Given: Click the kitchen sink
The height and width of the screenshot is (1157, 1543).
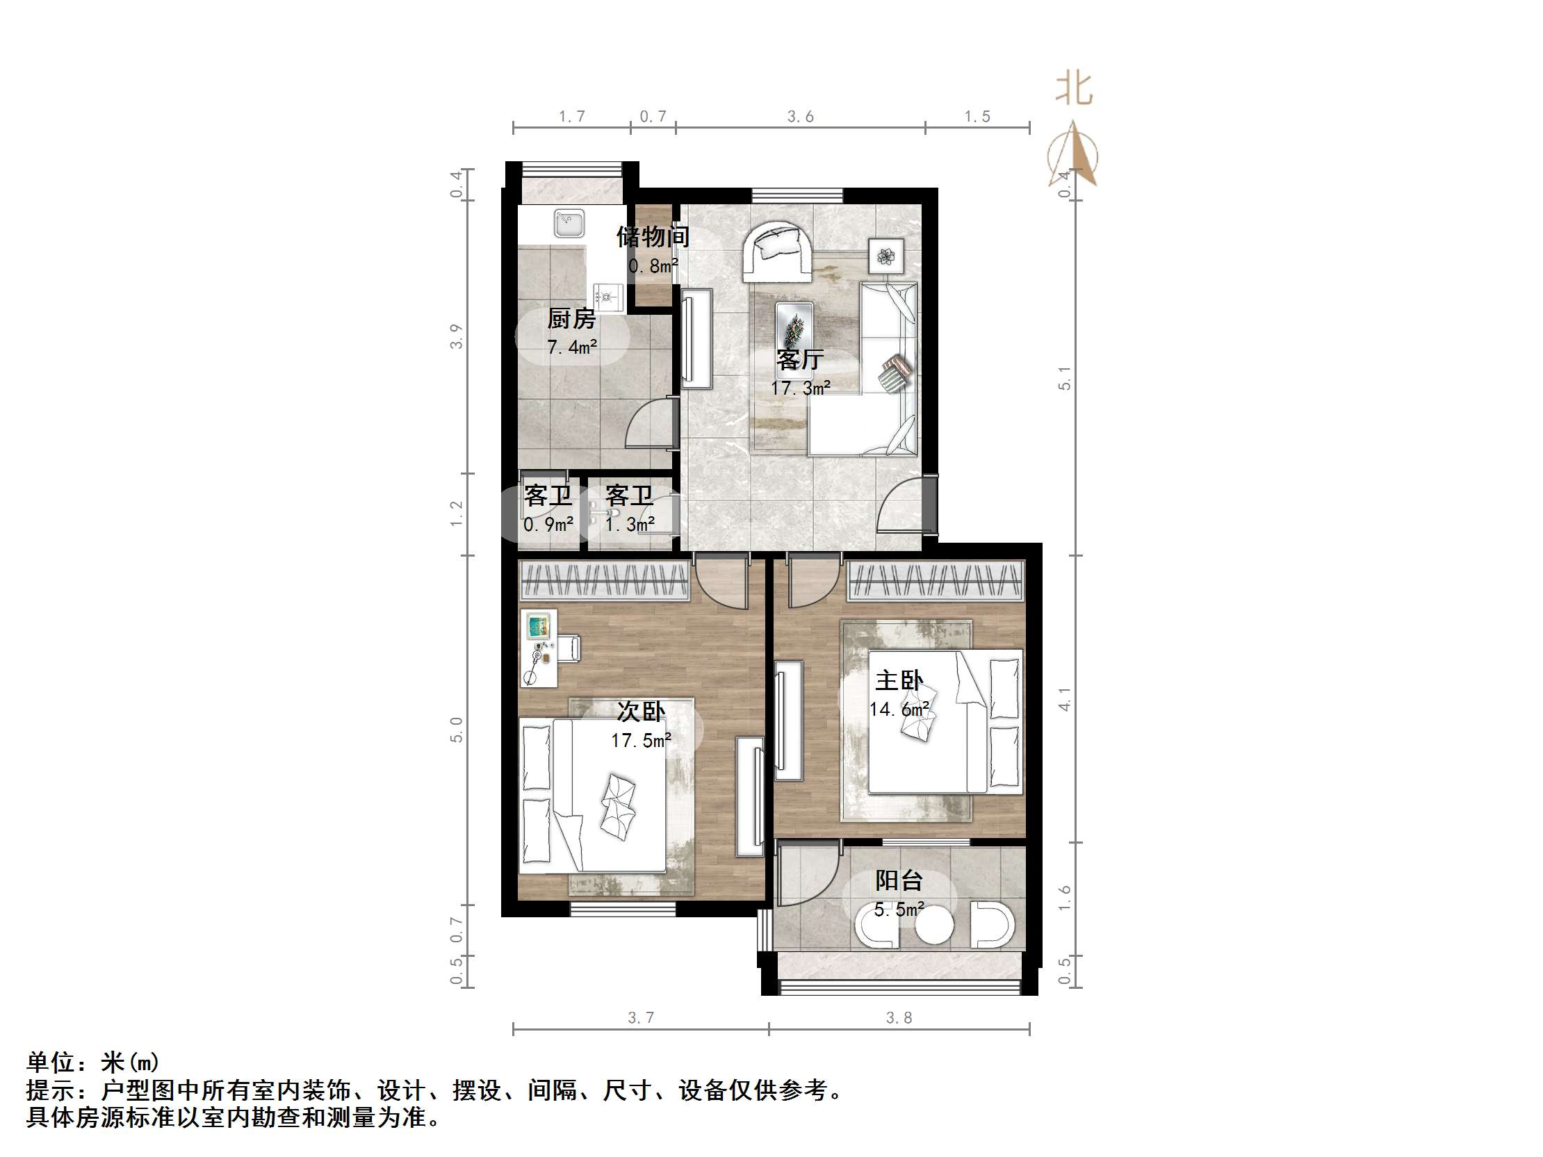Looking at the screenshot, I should pyautogui.click(x=569, y=224).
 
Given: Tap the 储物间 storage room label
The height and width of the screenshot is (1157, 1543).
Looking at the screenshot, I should pyautogui.click(x=653, y=237).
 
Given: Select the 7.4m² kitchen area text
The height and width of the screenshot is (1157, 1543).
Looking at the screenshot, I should pyautogui.click(x=571, y=347).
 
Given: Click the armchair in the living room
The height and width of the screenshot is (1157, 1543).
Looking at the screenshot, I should pyautogui.click(x=776, y=252).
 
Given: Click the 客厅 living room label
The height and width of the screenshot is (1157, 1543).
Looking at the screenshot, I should pyautogui.click(x=800, y=359).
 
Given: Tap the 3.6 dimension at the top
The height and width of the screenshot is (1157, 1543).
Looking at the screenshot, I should pyautogui.click(x=800, y=117).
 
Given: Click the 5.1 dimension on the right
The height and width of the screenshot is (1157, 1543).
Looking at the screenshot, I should pyautogui.click(x=1064, y=377).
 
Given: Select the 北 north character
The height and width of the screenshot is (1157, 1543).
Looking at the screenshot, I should pyautogui.click(x=1074, y=89).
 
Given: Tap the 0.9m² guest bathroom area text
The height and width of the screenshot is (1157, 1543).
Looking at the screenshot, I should pyautogui.click(x=548, y=524).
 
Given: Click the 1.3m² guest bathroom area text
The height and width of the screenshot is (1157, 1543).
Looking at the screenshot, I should pyautogui.click(x=629, y=524).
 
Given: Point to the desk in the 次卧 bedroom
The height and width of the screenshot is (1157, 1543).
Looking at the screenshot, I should pyautogui.click(x=539, y=648).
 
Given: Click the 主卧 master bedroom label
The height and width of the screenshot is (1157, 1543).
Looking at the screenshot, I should pyautogui.click(x=899, y=680).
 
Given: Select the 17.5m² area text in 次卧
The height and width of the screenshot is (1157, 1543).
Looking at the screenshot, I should pyautogui.click(x=641, y=741).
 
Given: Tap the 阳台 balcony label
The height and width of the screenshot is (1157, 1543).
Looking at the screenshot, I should pyautogui.click(x=899, y=880).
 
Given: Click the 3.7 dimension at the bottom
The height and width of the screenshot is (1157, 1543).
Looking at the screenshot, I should pyautogui.click(x=640, y=1017).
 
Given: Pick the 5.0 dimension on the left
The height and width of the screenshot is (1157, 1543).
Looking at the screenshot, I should pyautogui.click(x=455, y=730).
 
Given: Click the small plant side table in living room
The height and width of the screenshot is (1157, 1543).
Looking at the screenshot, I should pyautogui.click(x=886, y=256).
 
